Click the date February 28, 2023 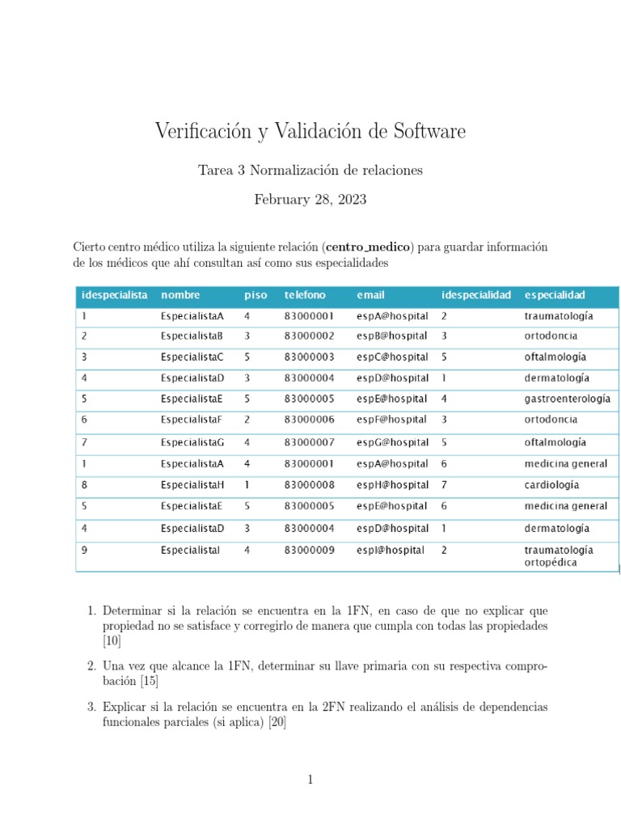point(310,200)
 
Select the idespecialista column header point(114,295)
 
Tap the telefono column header point(305,295)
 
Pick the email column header point(370,295)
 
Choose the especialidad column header point(555,295)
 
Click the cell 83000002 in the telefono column point(309,336)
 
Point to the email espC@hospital point(392,357)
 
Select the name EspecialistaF point(191,420)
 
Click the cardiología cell point(551,485)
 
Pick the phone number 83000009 point(309,550)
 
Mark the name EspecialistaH point(192,485)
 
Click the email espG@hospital point(392,442)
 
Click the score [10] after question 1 point(112,641)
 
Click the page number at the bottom point(310,779)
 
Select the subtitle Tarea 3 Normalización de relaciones point(310,170)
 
